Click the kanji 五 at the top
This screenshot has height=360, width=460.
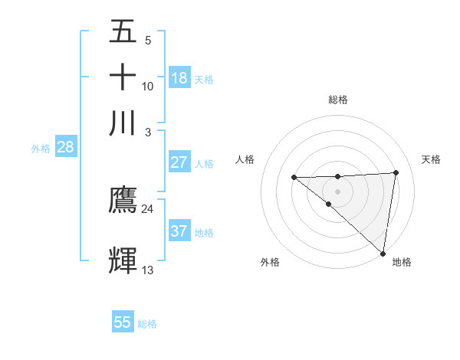coord(123,32)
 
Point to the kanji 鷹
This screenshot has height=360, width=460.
coord(123,201)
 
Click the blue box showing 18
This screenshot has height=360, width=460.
coord(179,78)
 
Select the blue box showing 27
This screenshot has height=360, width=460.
coord(179,162)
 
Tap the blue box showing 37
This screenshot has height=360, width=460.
coord(179,231)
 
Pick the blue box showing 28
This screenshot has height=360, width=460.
coord(65,148)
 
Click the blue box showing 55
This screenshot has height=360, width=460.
coord(123,322)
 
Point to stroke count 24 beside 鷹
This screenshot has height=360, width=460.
coord(147,209)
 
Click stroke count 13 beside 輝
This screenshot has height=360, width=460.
coord(147,270)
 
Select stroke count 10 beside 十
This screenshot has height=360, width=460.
coord(147,86)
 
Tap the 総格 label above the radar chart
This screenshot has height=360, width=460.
coord(337,100)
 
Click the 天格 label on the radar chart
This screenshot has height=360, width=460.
coord(431,159)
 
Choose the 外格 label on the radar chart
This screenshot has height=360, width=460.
coord(269,262)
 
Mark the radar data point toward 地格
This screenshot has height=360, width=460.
coord(383,253)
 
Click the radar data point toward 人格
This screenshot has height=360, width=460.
coord(294,178)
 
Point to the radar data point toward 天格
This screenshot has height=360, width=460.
coord(396,172)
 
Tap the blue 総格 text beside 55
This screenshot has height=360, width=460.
coord(147,323)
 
